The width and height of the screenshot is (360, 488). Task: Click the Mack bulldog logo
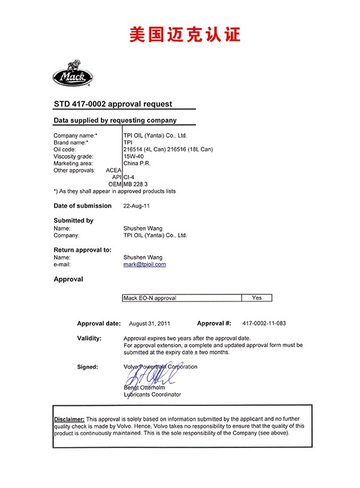point(71,75)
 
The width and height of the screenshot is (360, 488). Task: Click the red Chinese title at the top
point(185,34)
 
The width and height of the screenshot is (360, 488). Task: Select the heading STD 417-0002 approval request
point(113,104)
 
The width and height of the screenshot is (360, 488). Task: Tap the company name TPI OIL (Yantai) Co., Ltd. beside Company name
point(155,136)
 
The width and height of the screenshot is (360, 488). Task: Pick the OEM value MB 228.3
point(136,184)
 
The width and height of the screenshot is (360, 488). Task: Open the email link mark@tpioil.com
point(145,264)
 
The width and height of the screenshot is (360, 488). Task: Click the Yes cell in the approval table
point(257,298)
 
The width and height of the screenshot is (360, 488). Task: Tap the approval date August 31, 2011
point(149,324)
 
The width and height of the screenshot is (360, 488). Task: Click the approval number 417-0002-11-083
point(264,324)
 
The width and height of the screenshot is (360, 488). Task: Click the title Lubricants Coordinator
point(152,394)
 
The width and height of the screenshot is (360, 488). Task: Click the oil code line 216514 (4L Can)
point(146,149)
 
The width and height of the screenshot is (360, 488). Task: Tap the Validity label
point(89,338)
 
